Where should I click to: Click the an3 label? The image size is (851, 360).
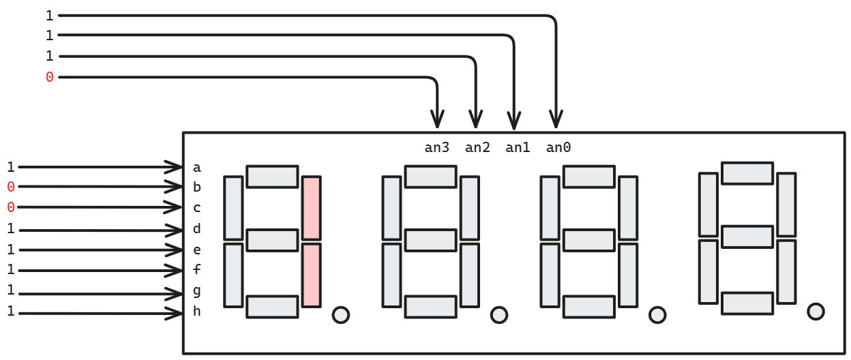[436, 147]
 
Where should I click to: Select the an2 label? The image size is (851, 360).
[477, 147]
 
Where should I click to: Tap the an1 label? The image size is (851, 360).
[518, 147]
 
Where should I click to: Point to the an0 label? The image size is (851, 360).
[558, 147]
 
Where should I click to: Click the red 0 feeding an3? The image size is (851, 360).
[49, 77]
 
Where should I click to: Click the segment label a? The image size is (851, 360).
[197, 167]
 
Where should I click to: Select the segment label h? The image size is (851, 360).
[197, 312]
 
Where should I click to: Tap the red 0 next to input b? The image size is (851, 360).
[10, 187]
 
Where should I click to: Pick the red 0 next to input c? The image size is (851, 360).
[10, 207]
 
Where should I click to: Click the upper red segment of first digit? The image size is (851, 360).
[311, 208]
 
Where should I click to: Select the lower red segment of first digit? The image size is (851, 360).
[311, 275]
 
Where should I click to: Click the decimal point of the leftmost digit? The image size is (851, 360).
[340, 314]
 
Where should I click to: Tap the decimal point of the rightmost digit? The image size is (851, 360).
[816, 311]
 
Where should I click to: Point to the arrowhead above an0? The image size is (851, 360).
[556, 120]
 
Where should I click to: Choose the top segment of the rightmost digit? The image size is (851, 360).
[747, 172]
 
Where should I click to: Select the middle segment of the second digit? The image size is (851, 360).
[430, 240]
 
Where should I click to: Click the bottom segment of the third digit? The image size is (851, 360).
[588, 306]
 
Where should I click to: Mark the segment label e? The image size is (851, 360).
[197, 250]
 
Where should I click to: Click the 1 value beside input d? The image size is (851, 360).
[10, 229]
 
